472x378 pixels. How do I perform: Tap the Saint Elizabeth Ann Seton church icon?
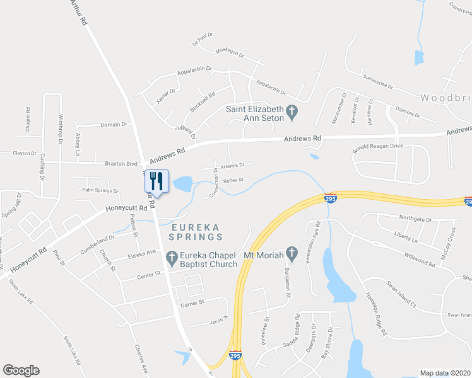292,113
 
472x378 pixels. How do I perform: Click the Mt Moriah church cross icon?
291,254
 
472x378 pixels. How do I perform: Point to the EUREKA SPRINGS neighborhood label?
196,231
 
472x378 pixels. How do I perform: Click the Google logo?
21,370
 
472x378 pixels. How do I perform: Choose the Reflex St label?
233,180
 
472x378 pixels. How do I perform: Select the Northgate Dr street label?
415,219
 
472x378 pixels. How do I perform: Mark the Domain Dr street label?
114,125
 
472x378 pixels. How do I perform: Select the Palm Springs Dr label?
100,190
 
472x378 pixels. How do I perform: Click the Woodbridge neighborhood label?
445,98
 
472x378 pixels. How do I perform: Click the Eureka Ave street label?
141,254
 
